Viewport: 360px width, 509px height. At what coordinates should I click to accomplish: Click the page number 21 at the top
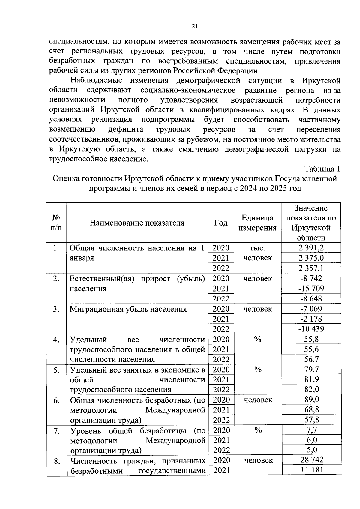(195, 26)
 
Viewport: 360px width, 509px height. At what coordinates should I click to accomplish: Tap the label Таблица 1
(322, 169)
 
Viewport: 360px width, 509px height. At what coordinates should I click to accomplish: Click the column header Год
(221, 223)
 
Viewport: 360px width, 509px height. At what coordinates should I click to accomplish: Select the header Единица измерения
(257, 223)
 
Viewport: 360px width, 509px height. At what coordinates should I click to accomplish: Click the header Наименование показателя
(137, 223)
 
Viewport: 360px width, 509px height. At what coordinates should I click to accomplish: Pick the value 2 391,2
(311, 248)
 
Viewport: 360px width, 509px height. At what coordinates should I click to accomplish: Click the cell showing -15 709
(311, 289)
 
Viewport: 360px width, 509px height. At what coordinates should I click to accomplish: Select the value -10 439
(311, 329)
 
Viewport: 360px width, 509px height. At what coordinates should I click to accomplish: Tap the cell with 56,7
(311, 359)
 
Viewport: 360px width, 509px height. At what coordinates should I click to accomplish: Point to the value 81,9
(311, 379)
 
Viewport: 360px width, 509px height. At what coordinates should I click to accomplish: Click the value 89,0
(311, 400)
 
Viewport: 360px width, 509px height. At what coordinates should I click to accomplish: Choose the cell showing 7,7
(311, 430)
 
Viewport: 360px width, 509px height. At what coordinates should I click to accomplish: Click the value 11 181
(312, 470)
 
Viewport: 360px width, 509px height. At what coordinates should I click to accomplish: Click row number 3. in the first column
(56, 309)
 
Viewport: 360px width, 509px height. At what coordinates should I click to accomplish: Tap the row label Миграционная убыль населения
(128, 309)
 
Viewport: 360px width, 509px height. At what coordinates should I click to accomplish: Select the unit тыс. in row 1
(257, 248)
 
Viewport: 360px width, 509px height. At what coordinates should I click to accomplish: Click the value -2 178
(311, 319)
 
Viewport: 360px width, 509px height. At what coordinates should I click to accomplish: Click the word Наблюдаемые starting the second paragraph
(96, 81)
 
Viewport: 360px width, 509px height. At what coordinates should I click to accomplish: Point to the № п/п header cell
(56, 223)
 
